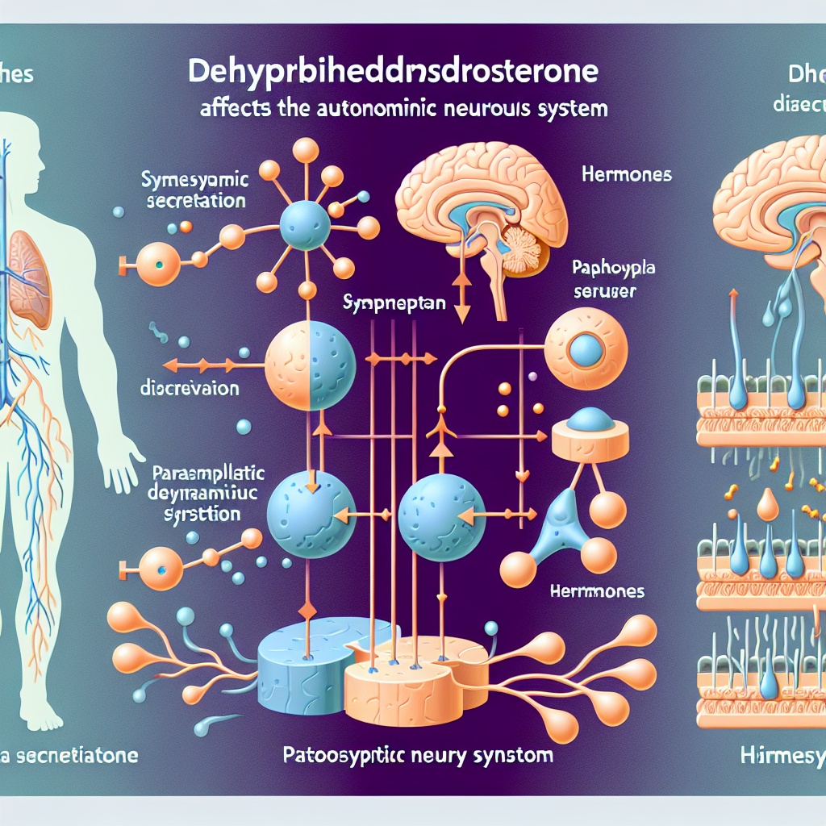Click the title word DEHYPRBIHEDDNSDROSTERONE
393,73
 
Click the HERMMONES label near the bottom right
597,591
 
